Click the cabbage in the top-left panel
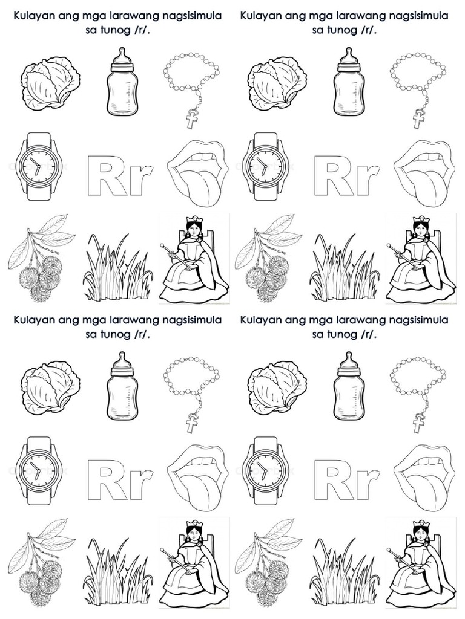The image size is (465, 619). pyautogui.click(x=50, y=85)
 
